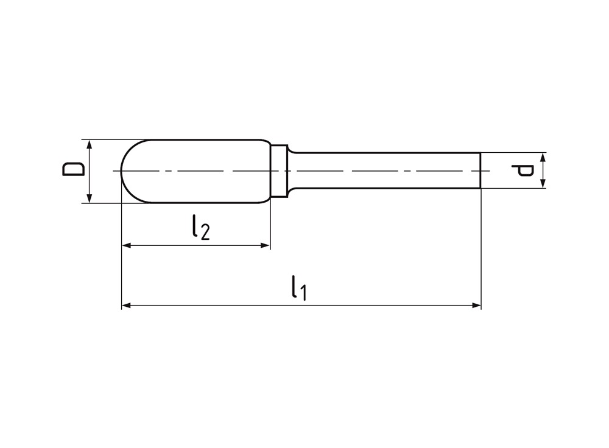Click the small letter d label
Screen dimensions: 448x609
pos(524,170)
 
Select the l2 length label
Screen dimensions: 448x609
pos(199,228)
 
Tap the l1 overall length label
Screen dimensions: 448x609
pos(298,287)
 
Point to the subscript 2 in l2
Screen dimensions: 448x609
pos(205,232)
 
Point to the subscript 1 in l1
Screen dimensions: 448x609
pos(303,293)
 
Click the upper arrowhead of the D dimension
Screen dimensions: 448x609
pos(90,144)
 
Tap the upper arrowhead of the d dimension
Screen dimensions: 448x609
pos(543,157)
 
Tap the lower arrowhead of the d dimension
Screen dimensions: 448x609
pos(543,184)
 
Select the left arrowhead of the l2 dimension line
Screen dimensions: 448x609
pos(127,245)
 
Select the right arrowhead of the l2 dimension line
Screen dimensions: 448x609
pos(265,245)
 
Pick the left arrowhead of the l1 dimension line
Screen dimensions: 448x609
pos(127,305)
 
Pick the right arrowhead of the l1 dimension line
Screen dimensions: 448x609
pos(476,305)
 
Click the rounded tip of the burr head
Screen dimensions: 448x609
pos(124,171)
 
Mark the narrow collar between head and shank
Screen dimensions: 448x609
pos(279,171)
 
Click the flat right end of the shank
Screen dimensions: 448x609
pos(481,171)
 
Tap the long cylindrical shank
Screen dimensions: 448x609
pos(384,171)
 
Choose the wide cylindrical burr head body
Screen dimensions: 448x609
pos(201,171)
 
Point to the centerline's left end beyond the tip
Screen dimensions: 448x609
pos(115,171)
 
